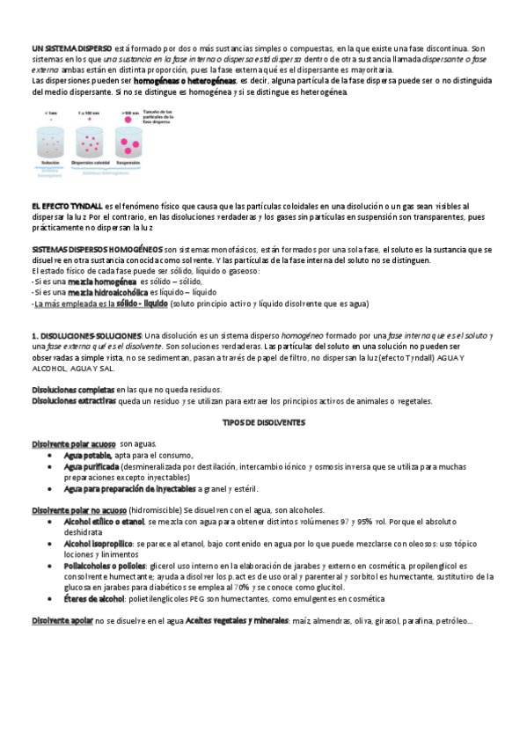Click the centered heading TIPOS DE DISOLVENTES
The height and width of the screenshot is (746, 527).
click(x=262, y=422)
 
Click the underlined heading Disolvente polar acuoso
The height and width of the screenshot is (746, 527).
click(x=74, y=444)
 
